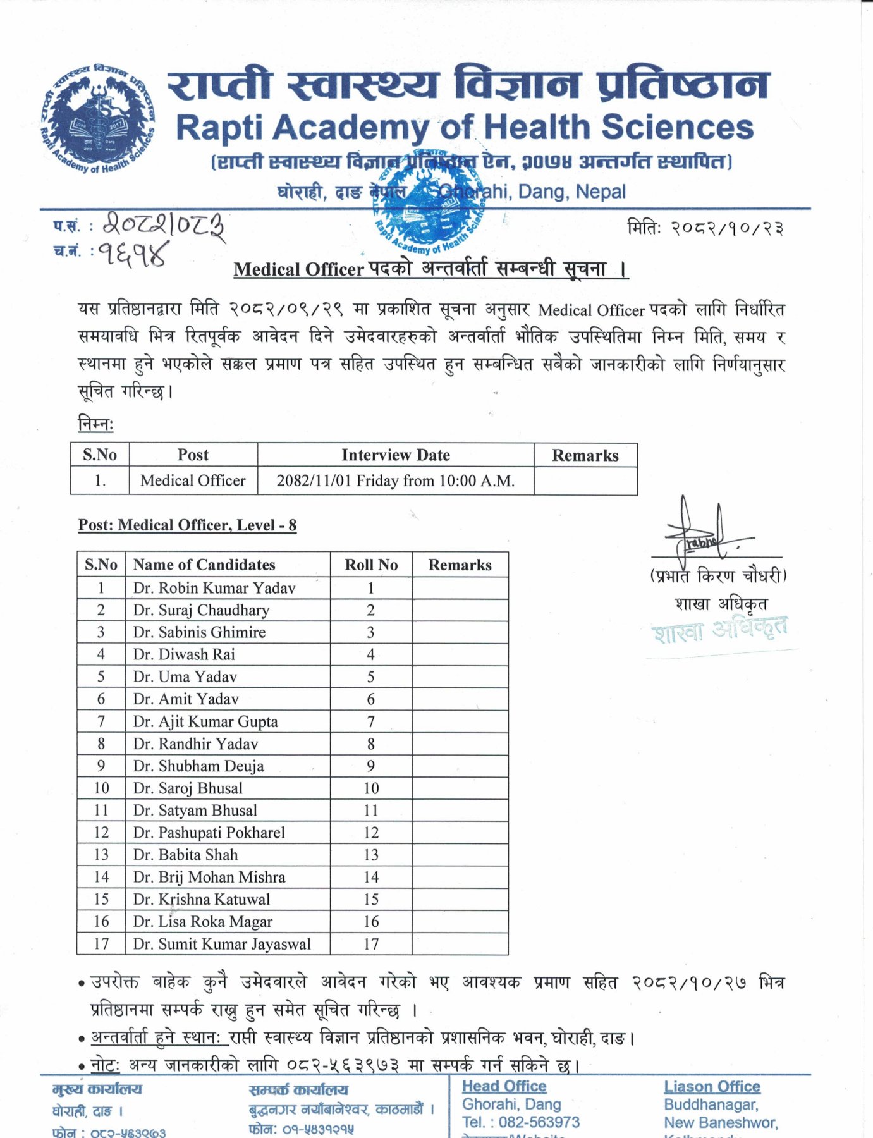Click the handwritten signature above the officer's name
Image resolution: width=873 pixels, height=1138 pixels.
coord(702,534)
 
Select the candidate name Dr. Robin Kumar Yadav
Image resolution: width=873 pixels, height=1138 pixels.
coord(214,588)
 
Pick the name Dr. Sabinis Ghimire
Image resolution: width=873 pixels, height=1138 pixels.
coord(199,632)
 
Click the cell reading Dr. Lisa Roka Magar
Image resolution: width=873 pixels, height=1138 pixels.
coord(202,922)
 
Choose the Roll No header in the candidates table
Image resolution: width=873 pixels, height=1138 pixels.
coord(371,565)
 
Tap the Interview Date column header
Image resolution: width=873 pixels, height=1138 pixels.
coord(396,455)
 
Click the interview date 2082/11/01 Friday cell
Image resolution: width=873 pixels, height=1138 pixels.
coord(396,481)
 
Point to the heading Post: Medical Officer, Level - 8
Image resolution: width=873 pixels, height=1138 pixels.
coord(187,525)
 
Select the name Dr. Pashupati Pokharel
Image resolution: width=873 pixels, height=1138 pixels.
coord(209,833)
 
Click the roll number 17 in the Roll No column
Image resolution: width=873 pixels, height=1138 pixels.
coord(371,944)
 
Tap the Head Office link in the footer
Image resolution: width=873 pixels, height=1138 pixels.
coord(504,1086)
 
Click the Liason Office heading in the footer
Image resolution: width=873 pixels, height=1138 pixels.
coord(712,1087)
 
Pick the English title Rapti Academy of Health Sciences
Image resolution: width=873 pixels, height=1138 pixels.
coord(465,128)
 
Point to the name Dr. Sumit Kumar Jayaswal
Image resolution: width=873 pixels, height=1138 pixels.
coord(222,944)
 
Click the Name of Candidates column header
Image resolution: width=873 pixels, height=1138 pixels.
coord(204,565)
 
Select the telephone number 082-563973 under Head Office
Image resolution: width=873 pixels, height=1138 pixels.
coord(539,1122)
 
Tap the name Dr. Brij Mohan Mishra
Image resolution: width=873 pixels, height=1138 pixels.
coord(209,877)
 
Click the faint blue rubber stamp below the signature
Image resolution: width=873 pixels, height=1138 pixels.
coord(719,630)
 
